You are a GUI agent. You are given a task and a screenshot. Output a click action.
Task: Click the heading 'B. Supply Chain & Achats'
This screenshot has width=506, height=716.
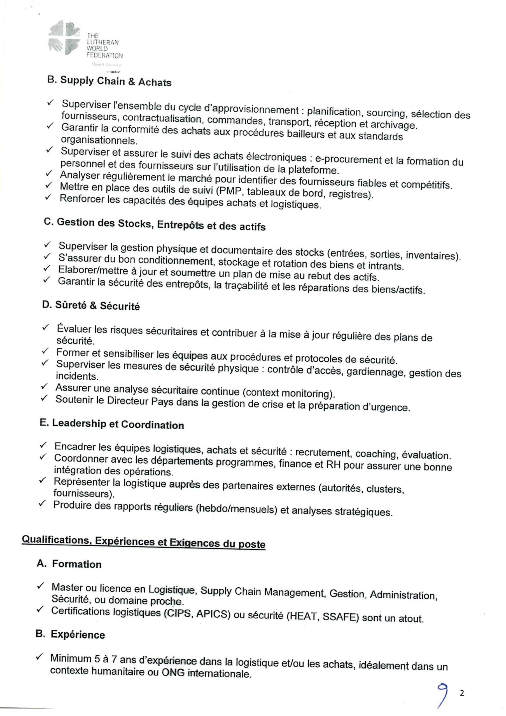tap(109, 81)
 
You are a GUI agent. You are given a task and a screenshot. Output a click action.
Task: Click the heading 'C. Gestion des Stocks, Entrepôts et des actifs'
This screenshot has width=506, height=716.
tap(155, 224)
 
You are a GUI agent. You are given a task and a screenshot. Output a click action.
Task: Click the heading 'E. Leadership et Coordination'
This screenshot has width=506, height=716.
tap(112, 424)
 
